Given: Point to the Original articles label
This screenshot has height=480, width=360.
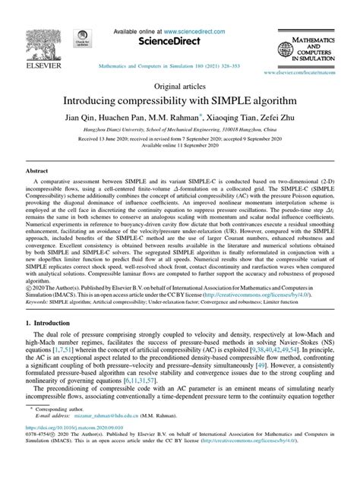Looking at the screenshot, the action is pos(180,86).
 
